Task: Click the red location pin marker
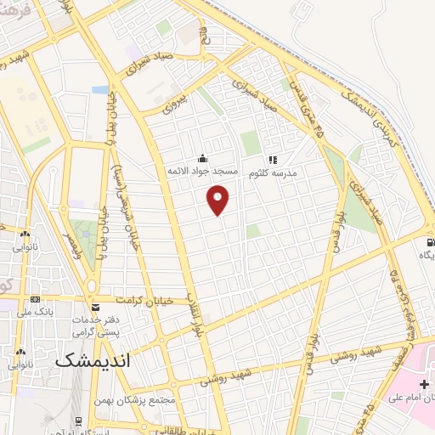219,200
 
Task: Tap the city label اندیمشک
93,360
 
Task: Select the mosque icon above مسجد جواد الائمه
202,158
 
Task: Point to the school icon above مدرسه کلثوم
273,159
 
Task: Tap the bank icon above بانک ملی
35,299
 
